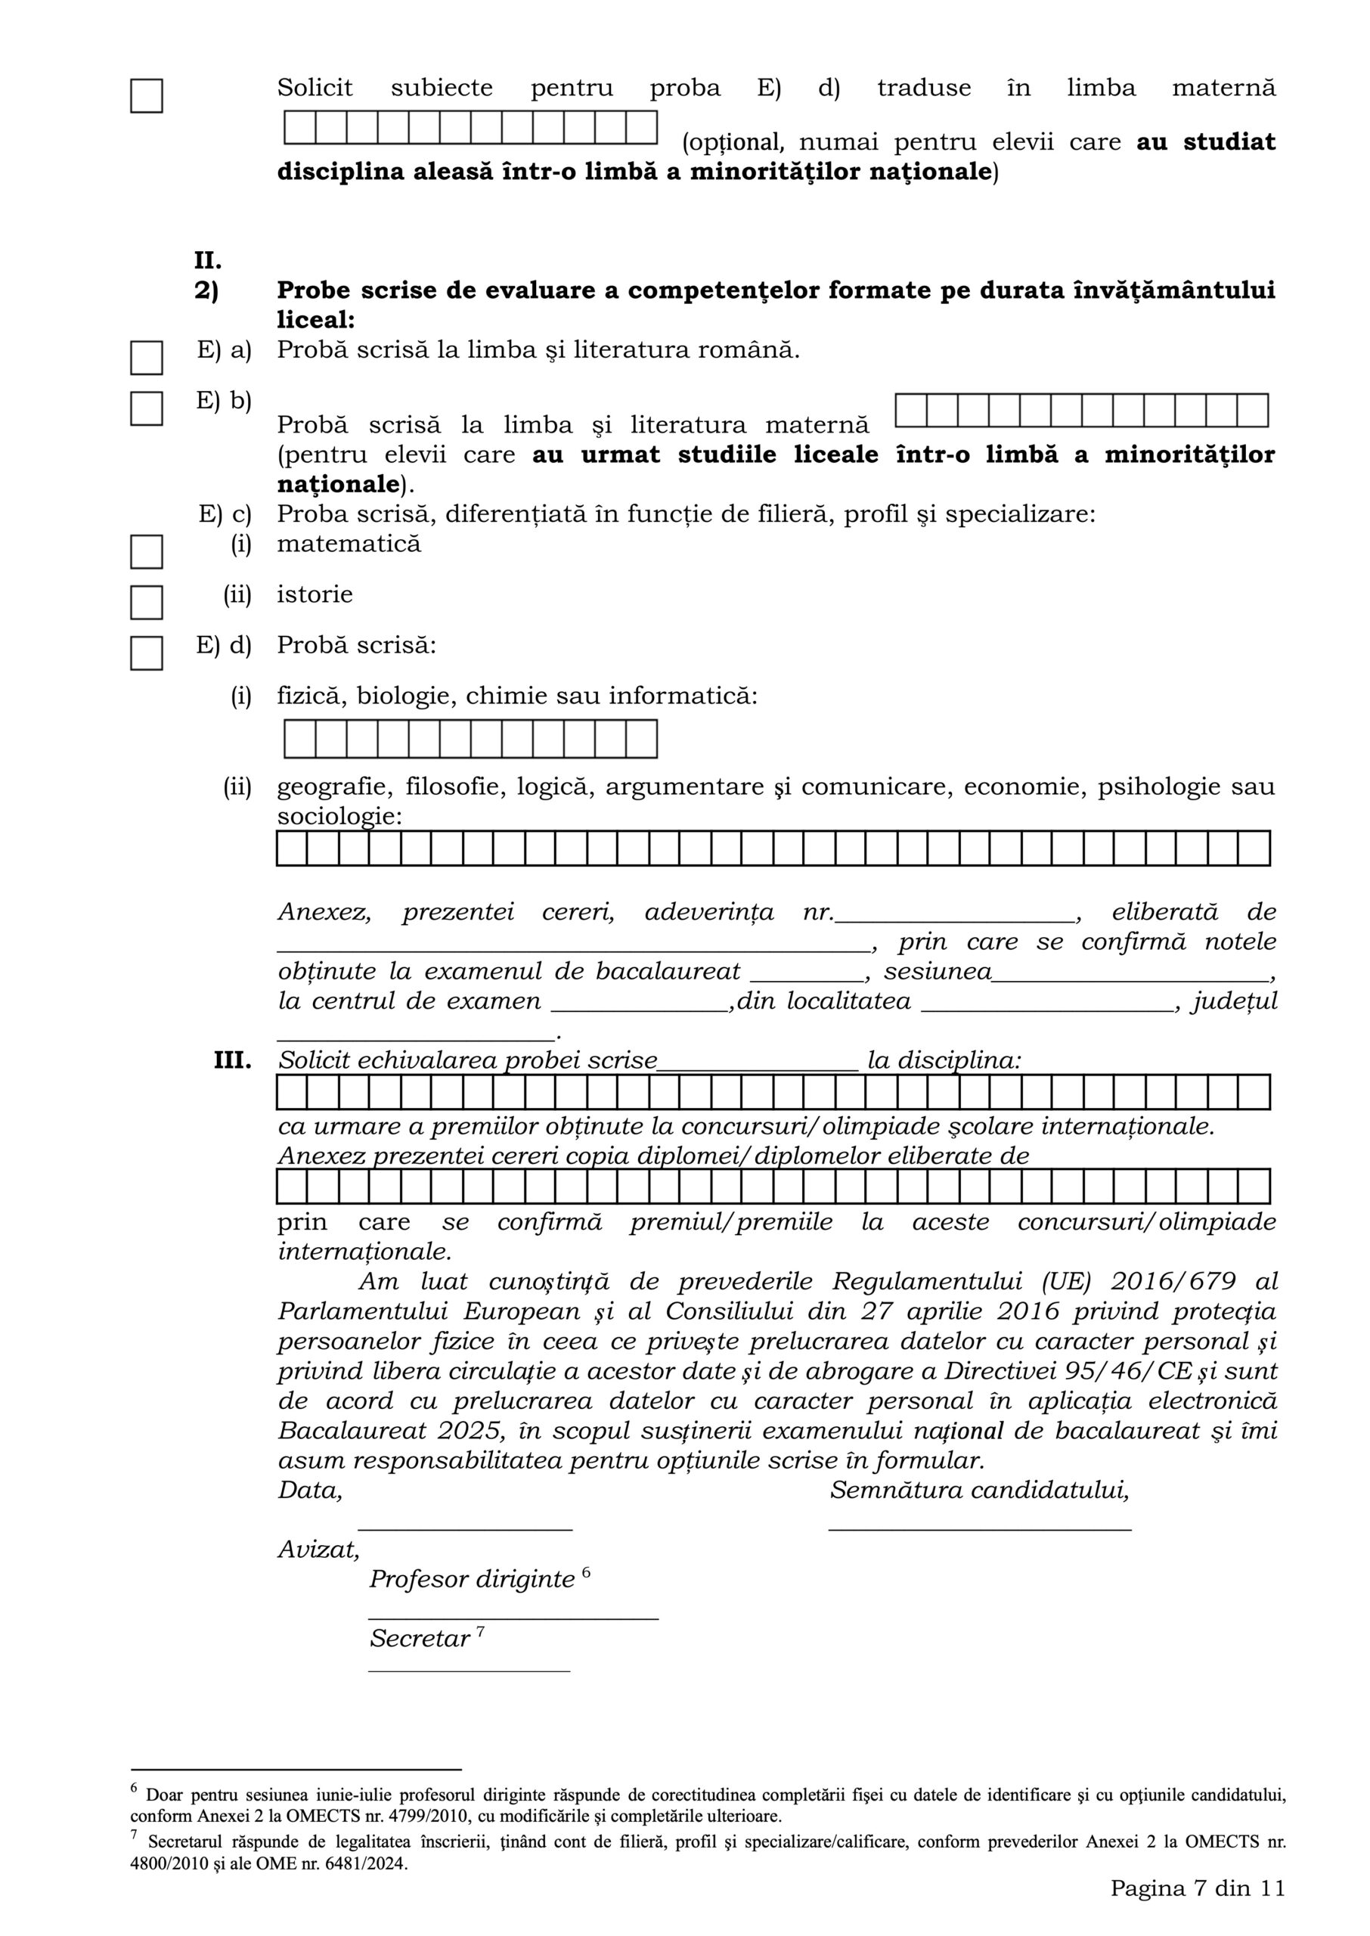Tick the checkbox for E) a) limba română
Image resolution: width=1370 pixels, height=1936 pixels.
[146, 358]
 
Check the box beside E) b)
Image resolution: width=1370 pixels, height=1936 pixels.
[146, 408]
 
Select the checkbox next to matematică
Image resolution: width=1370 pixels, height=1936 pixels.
[146, 552]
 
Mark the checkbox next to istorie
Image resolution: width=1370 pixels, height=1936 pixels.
[146, 602]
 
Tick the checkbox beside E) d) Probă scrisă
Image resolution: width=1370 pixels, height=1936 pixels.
[146, 653]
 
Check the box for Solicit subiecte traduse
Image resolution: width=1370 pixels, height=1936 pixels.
[146, 95]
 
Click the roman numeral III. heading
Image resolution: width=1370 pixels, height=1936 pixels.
[232, 1060]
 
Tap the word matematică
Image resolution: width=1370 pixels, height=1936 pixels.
[349, 543]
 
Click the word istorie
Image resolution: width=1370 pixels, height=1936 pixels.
[315, 594]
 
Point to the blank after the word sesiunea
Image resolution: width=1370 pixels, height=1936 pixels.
[1130, 980]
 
